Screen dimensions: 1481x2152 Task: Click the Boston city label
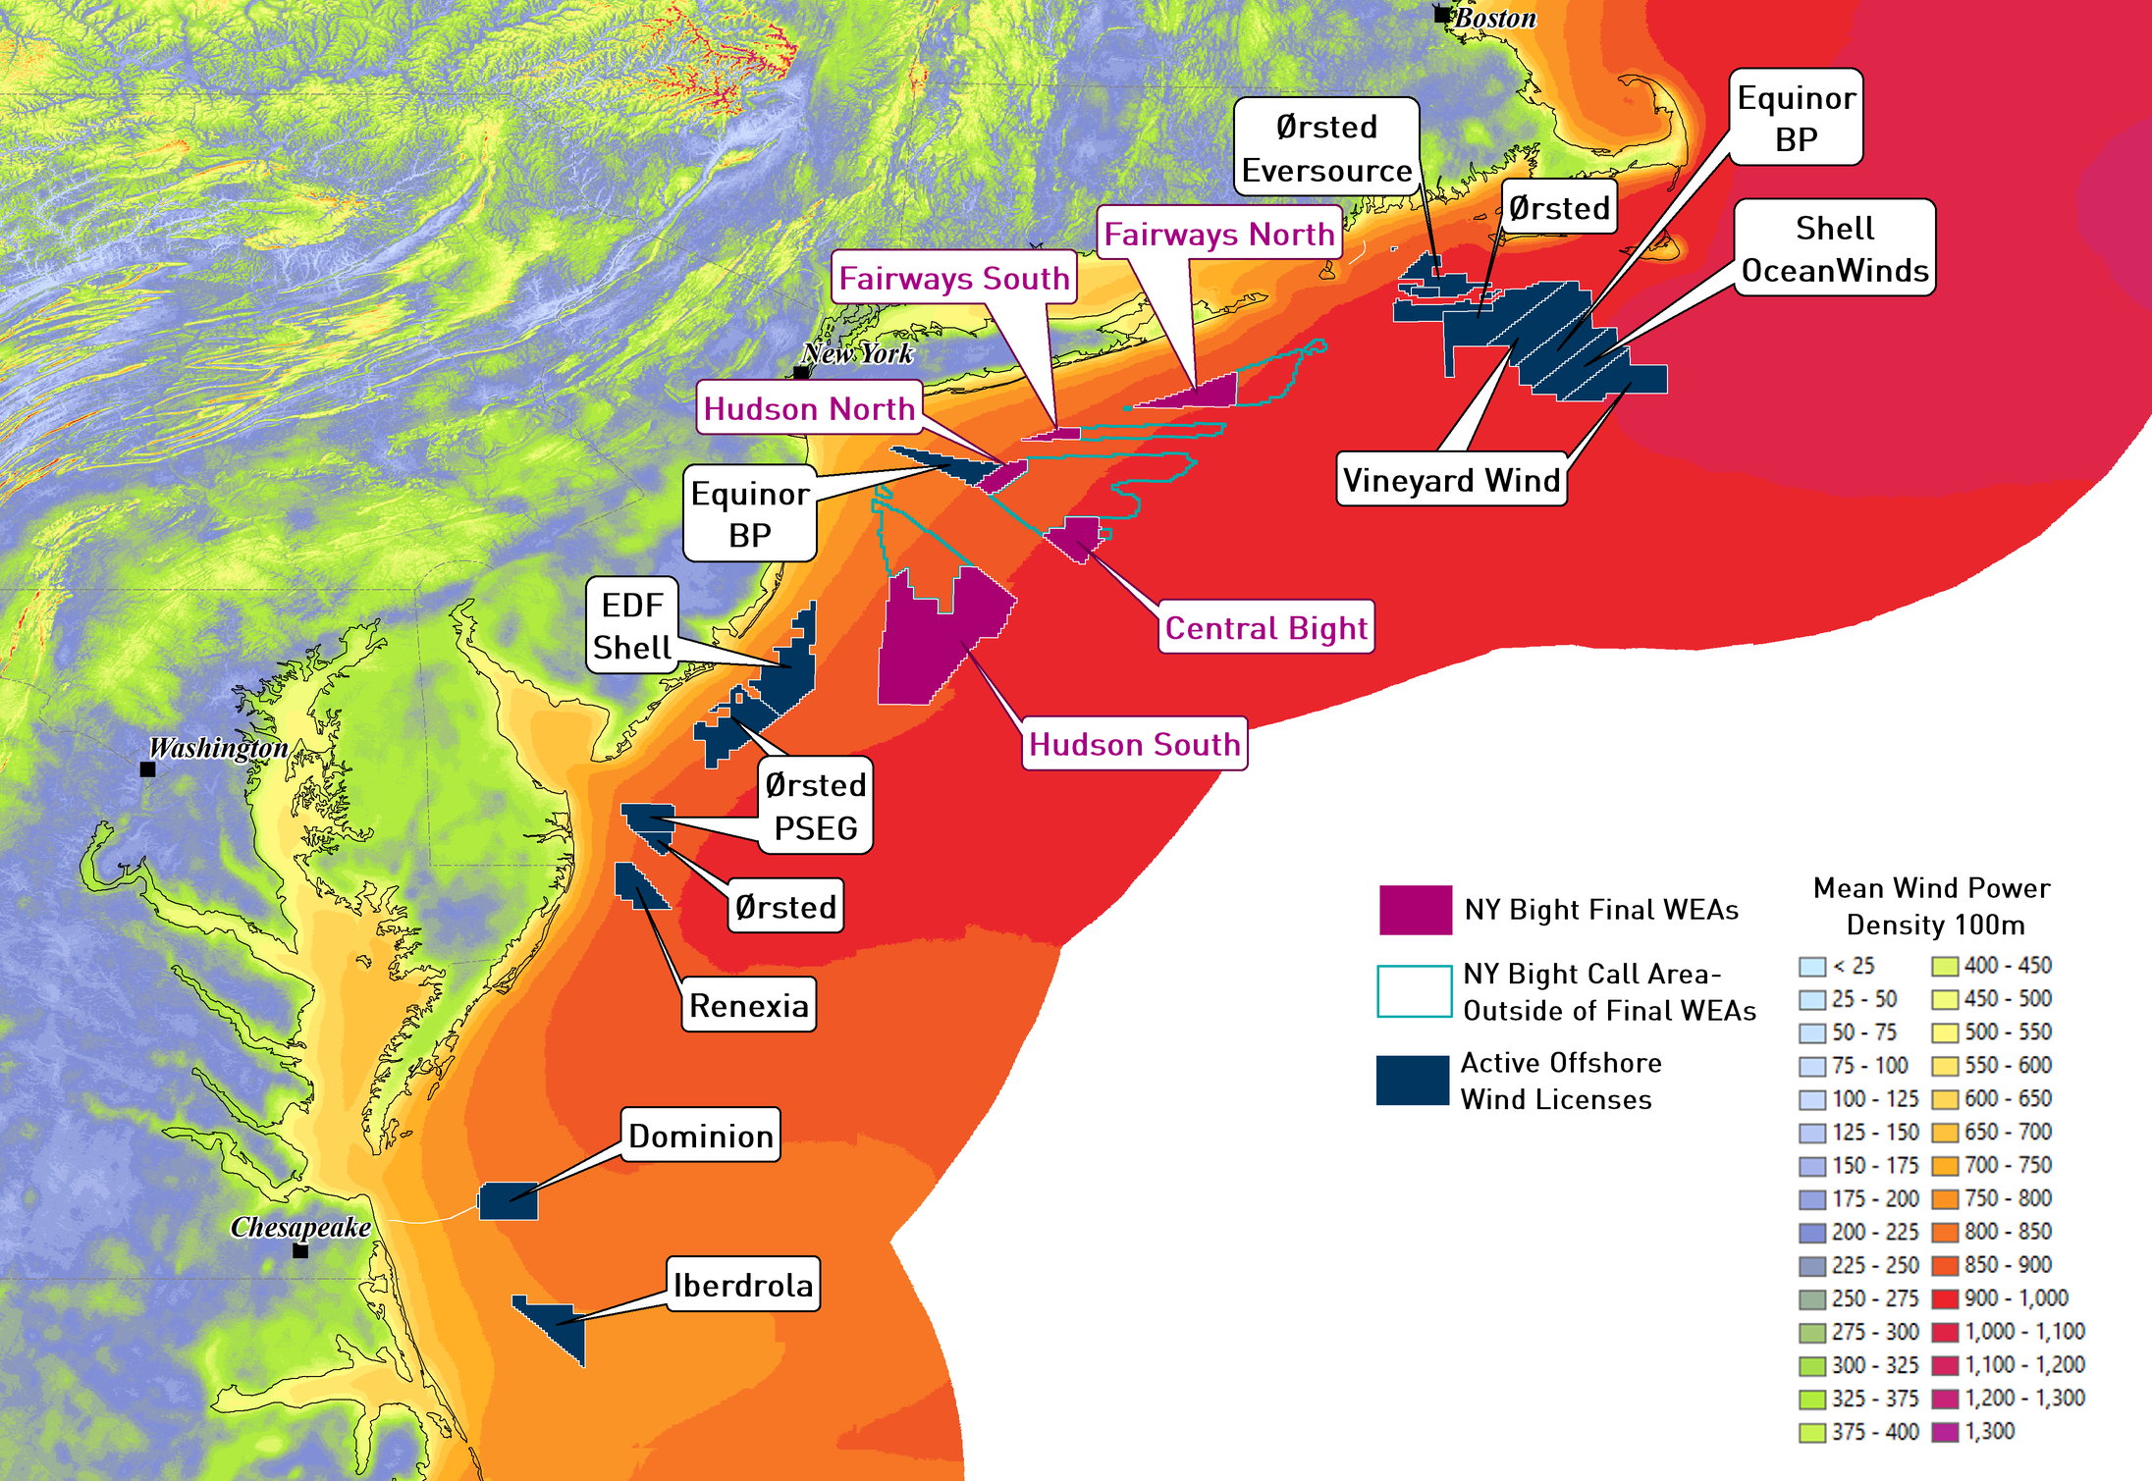(x=1494, y=18)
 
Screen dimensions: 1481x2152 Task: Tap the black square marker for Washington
(x=148, y=769)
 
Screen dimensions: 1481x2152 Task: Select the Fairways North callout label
(x=1218, y=234)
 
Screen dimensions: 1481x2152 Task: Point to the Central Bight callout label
(x=1265, y=627)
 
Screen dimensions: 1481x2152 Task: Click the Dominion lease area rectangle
(x=508, y=1200)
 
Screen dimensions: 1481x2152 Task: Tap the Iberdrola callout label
(x=742, y=1284)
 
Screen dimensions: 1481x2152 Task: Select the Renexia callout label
(x=748, y=1004)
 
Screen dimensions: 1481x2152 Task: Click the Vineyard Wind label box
(x=1451, y=479)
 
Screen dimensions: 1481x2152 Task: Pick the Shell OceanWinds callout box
(x=1834, y=248)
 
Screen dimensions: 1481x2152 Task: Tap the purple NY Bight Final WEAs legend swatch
(x=1415, y=910)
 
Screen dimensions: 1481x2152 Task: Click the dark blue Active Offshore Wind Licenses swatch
(x=1413, y=1081)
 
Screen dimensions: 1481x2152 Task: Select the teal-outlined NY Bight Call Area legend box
(x=1414, y=991)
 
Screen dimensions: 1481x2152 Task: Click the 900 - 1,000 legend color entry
(x=1945, y=1298)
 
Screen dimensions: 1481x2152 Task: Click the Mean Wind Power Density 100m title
(x=1932, y=906)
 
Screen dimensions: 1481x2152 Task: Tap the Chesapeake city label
(x=300, y=1227)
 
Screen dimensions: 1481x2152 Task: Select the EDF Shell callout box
(x=632, y=625)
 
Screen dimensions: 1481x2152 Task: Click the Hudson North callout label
(x=809, y=407)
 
